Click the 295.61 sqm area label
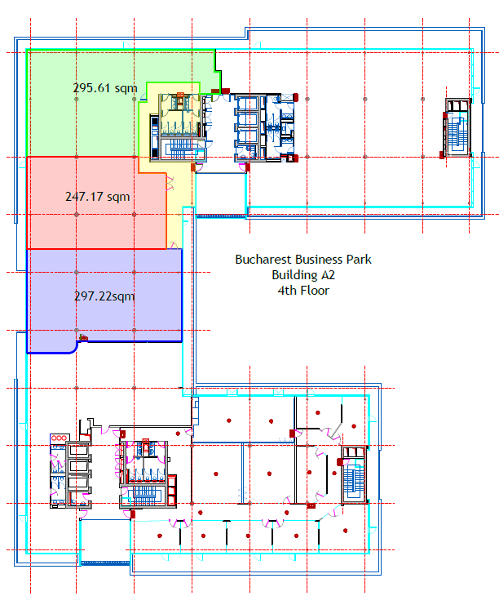[105, 88]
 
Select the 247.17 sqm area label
[98, 197]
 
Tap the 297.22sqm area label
[104, 296]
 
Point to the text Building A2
[303, 274]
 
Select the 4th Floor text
[303, 291]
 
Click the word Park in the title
[359, 260]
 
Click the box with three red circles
[60, 438]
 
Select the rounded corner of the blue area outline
[75, 348]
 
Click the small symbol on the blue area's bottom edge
[83, 337]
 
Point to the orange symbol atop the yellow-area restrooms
[180, 95]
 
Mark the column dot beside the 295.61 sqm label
[77, 100]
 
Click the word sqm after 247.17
[118, 198]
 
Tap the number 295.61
[92, 88]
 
